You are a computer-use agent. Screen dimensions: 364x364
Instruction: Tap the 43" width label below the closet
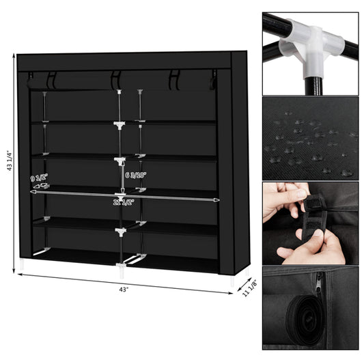122,289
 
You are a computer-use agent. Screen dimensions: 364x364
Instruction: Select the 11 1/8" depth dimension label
249,290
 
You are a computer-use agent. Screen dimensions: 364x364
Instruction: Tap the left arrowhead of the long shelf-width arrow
32,193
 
